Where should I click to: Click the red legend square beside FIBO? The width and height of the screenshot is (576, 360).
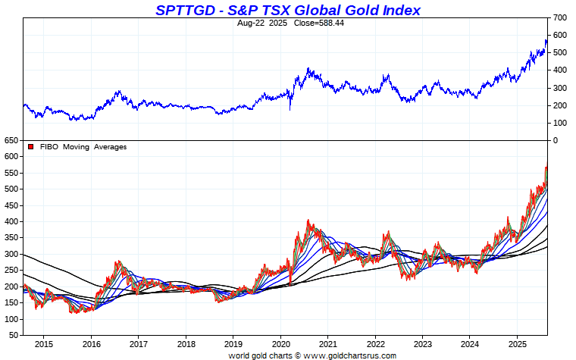tap(30, 147)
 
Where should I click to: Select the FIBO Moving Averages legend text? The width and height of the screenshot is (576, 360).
tap(83, 147)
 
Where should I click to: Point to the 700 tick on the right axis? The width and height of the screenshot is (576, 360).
tap(559, 17)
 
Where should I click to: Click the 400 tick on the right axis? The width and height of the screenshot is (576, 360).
tap(559, 70)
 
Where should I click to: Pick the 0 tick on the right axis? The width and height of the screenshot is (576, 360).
tap(556, 141)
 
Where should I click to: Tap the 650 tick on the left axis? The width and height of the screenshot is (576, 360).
tap(10, 141)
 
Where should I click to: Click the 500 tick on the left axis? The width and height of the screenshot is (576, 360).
tap(10, 189)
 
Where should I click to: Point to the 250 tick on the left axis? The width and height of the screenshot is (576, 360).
tap(10, 271)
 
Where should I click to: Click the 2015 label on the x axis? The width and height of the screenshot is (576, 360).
tap(43, 344)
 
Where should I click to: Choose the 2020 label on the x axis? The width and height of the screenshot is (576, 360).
tap(280, 344)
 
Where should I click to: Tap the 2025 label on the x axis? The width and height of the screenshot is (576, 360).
tap(517, 344)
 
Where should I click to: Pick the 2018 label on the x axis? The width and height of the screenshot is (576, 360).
tap(186, 344)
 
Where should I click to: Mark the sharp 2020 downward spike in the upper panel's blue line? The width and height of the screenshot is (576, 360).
tap(290, 109)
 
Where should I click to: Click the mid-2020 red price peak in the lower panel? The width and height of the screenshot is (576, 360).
tap(308, 221)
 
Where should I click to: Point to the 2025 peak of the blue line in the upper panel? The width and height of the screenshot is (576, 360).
tap(546, 40)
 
